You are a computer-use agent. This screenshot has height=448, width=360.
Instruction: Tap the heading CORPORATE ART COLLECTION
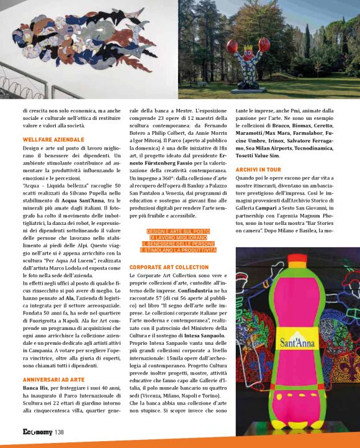[x=169, y=267]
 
